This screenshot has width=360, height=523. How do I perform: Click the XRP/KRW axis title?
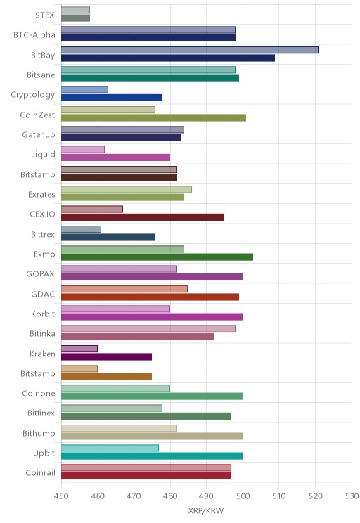coord(206,510)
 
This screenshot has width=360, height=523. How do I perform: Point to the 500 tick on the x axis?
coord(243,496)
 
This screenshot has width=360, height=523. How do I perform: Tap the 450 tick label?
coord(61,496)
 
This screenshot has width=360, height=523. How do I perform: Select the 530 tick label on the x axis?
coord(352,496)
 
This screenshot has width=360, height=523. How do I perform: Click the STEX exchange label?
coord(45,15)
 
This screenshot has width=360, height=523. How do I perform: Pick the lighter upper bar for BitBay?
coord(190,50)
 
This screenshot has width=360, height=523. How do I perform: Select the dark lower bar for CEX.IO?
coord(143,217)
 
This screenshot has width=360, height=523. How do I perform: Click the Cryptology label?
coord(33,95)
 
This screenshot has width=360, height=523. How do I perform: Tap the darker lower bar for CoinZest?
coord(153,117)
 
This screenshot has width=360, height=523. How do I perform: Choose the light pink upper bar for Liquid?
coord(83,150)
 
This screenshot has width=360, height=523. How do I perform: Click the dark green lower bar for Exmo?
coord(157,257)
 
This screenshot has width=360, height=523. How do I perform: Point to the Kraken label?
coord(42,354)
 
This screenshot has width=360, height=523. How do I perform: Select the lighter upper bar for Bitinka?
coord(148,328)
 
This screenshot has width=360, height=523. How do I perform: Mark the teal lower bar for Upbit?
coord(152,456)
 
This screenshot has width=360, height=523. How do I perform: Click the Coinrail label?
coord(40,472)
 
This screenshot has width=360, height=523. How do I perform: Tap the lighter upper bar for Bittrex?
coord(81,229)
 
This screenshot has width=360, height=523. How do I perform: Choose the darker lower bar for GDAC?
coord(150,297)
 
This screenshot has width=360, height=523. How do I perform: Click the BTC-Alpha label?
coord(34,34)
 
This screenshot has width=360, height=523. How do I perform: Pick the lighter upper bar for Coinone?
coord(115,388)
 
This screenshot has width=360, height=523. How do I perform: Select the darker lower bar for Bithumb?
coord(152,437)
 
